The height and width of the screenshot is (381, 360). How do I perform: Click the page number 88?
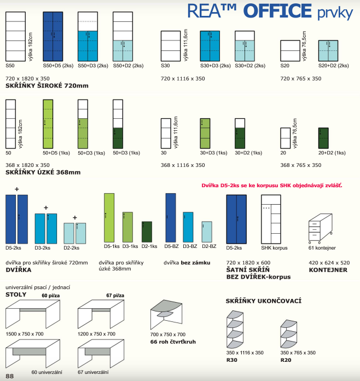9,376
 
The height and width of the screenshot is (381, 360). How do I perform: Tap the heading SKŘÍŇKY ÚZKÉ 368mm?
43,172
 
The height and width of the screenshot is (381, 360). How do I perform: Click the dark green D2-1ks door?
147,232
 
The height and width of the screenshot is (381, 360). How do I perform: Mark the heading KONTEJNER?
328,270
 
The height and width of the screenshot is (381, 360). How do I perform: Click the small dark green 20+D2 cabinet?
324,137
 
